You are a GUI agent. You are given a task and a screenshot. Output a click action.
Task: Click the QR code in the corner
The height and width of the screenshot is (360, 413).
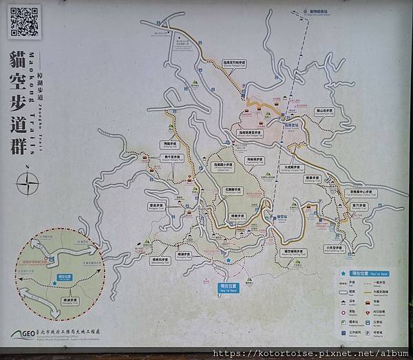tap(23, 23)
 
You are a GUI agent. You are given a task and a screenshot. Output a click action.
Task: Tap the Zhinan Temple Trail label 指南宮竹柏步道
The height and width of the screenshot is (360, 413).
tap(227, 63)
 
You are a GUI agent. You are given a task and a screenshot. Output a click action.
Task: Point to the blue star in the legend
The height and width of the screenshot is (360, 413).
tap(344, 273)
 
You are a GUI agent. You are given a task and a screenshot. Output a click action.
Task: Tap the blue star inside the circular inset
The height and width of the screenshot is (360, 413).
tap(52, 281)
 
